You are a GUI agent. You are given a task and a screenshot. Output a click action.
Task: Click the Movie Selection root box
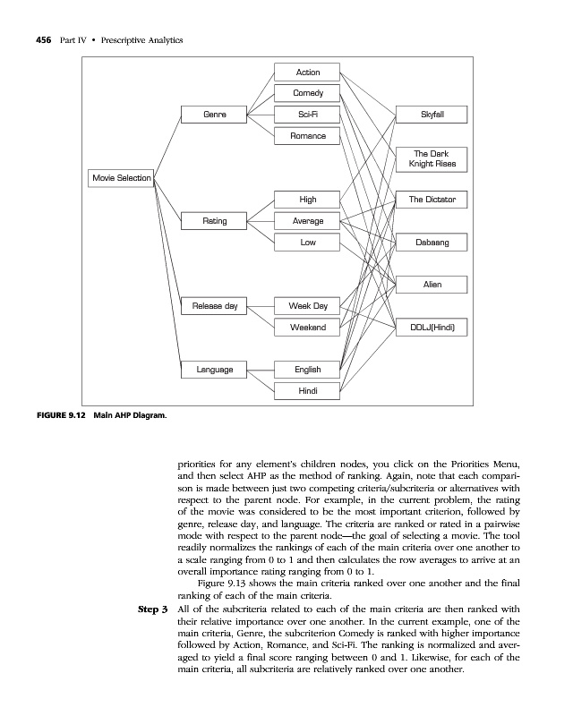121,175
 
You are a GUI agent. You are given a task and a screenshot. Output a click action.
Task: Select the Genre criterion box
214,115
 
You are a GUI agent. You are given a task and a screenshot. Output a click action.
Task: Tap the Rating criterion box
214,220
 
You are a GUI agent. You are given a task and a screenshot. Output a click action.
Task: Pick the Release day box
214,306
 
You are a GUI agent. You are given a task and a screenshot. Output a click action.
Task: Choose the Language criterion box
214,369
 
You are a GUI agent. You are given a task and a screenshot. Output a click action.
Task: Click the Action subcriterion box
307,72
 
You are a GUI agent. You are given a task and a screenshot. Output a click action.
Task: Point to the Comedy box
307,93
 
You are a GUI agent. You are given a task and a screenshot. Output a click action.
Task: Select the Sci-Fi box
307,115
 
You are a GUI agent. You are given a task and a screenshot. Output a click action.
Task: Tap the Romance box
307,136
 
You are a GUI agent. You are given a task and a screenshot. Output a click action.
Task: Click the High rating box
307,199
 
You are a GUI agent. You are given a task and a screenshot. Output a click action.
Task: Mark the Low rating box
307,242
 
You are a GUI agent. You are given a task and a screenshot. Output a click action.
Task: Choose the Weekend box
307,328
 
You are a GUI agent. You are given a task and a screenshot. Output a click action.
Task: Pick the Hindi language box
307,390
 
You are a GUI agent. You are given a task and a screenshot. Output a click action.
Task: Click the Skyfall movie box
432,115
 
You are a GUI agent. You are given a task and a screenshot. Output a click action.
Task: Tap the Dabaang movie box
432,242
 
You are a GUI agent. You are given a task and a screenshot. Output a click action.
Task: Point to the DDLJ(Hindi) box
432,328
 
